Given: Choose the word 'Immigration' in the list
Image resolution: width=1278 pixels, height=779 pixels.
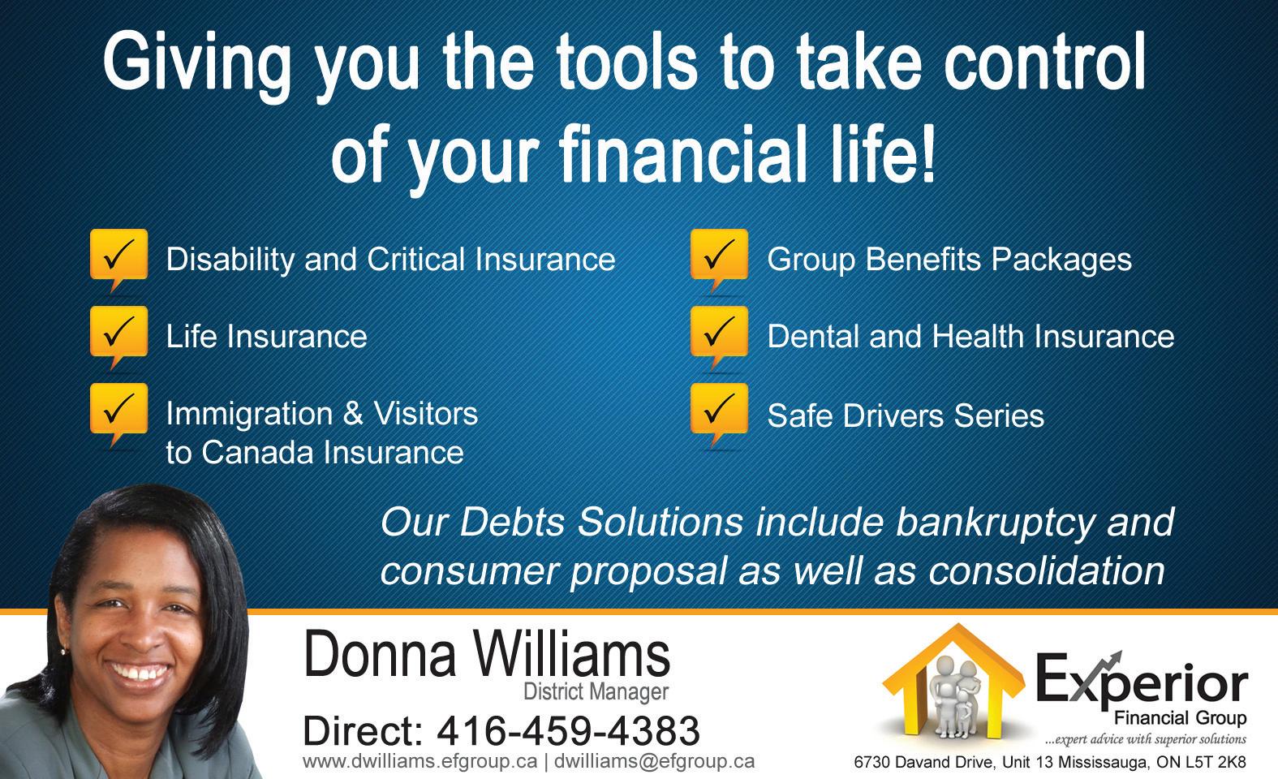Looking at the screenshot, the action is coord(249,415).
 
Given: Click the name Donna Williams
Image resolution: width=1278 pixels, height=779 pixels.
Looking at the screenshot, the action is coord(487,655).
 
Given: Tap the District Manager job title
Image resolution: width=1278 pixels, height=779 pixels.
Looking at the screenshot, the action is coord(596,691).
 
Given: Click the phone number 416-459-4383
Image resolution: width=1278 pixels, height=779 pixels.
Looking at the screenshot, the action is coord(568,731).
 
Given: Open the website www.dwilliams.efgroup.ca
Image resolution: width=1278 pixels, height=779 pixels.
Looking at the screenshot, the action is coord(420,762).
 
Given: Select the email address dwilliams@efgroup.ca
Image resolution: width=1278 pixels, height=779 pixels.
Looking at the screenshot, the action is coord(654,762).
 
